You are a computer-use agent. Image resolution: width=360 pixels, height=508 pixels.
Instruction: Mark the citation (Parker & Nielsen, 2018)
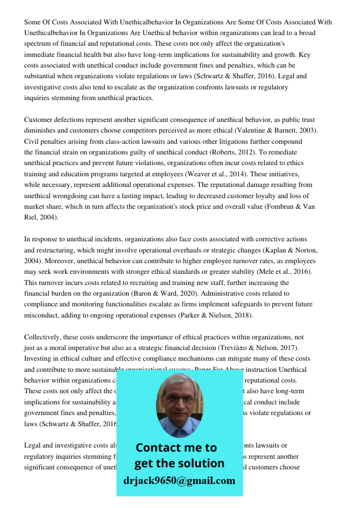pyautogui.click(x=215, y=315)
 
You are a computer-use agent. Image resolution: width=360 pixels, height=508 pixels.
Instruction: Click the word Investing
pyautogui.click(x=39, y=359)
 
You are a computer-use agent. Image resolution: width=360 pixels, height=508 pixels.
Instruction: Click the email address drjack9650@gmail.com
pyautogui.click(x=179, y=481)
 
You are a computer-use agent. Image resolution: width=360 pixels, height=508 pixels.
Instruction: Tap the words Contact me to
pyautogui.click(x=176, y=448)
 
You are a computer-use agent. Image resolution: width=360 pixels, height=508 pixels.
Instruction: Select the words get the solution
pyautogui.click(x=179, y=463)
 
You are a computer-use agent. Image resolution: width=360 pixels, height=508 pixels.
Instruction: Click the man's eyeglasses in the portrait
pyautogui.click(x=179, y=399)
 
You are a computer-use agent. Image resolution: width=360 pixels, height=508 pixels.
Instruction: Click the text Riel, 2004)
pyautogui.click(x=41, y=217)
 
